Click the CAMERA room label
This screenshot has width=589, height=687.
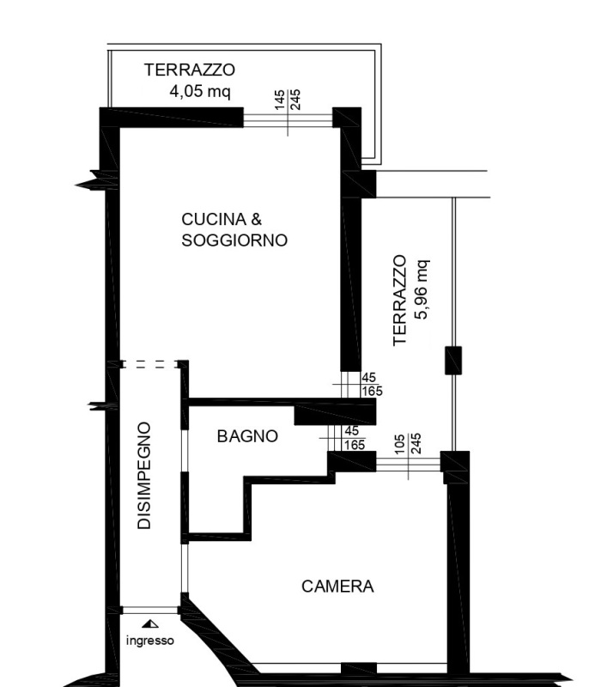pos(337,587)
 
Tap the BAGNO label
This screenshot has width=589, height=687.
pos(247,436)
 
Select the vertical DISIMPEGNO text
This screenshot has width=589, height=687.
pos(145,475)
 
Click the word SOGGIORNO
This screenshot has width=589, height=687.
pos(234,241)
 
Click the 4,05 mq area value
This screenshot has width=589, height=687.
pos(200,91)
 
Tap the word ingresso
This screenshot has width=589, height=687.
pos(149,641)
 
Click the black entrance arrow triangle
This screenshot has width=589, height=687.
pos(150,625)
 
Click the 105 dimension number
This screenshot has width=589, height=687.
pos(399,443)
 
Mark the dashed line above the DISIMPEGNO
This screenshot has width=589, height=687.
pos(151,364)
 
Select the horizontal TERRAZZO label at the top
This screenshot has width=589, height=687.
pos(190,70)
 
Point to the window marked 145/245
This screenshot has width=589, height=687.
pos(288,119)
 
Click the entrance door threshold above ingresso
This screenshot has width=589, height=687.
pos(150,611)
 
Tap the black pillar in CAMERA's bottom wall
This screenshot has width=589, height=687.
pos(358,668)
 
